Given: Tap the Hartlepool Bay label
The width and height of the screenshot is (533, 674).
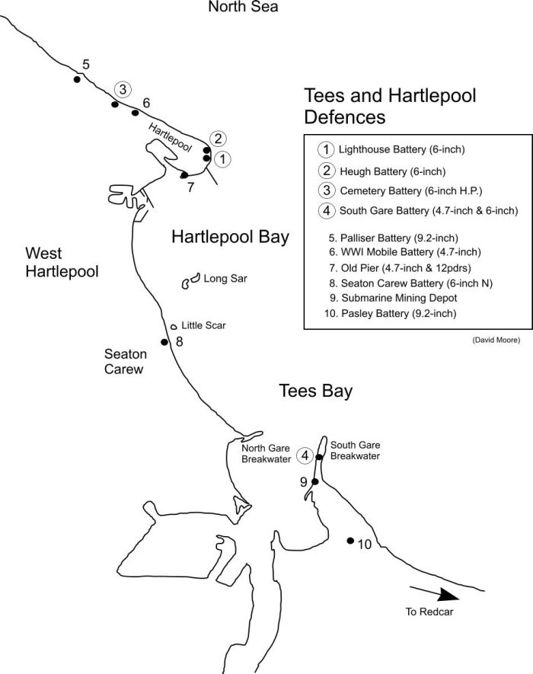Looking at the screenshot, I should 230,237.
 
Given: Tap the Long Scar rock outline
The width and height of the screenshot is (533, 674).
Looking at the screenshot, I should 190,282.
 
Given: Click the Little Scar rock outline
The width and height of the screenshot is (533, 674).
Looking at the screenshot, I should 174,326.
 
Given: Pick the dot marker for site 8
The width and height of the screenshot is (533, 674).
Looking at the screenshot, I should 164,342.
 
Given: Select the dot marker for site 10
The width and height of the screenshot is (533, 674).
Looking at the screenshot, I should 349,541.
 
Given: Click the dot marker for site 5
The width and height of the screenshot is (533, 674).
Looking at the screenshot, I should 77,79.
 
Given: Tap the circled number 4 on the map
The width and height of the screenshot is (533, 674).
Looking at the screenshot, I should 305,455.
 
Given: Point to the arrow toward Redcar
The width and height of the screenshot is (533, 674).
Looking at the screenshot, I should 435,592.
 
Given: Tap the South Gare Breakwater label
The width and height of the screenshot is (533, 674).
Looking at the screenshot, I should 355,450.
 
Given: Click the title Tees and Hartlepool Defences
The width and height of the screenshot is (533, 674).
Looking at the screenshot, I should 389,107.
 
